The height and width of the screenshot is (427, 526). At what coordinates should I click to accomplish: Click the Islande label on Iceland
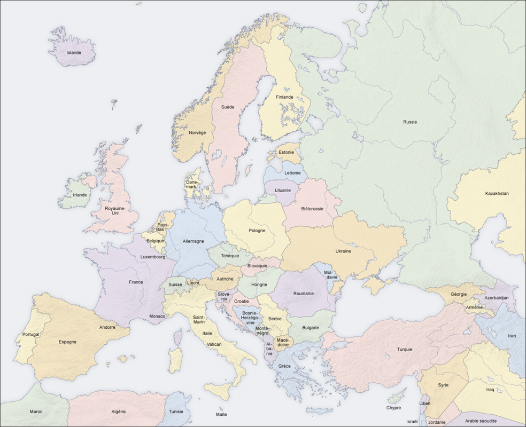pos(73,53)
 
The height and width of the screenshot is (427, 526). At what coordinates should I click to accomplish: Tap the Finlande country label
pos(284,97)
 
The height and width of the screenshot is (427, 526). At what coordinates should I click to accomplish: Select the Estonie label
pos(286,152)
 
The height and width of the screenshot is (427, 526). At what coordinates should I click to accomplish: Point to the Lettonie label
pos(292,173)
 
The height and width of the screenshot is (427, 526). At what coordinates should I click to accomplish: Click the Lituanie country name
pos(283,190)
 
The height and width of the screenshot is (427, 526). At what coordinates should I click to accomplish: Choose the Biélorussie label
pos(312,209)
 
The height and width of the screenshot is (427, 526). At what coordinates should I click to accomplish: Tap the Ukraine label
pos(343,251)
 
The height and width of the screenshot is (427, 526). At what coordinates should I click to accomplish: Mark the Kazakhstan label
pos(497,193)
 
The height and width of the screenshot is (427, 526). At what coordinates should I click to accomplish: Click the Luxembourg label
pos(153,257)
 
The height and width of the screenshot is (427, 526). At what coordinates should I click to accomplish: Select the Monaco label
pos(157,316)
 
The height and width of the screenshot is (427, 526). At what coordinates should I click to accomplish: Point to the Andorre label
pos(107,327)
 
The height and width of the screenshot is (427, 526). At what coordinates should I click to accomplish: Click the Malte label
pos(221,415)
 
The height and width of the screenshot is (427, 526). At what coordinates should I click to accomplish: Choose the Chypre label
pos(393,408)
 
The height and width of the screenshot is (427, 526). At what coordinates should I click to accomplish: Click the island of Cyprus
pos(397,398)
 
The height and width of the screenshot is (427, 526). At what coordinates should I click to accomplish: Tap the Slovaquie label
pos(258,266)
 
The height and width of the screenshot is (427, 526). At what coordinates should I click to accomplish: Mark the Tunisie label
pos(176,412)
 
